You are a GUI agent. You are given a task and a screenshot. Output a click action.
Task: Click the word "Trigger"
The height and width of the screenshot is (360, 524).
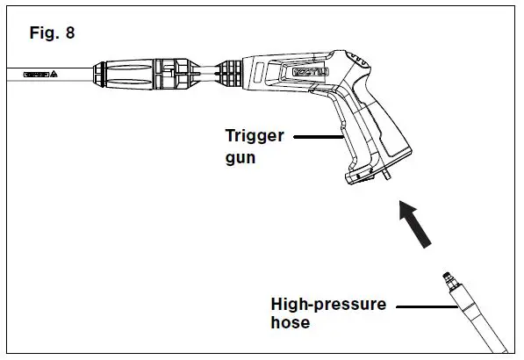[x=255, y=137]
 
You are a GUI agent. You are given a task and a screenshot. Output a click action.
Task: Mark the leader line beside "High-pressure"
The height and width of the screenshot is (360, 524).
[x=421, y=306]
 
